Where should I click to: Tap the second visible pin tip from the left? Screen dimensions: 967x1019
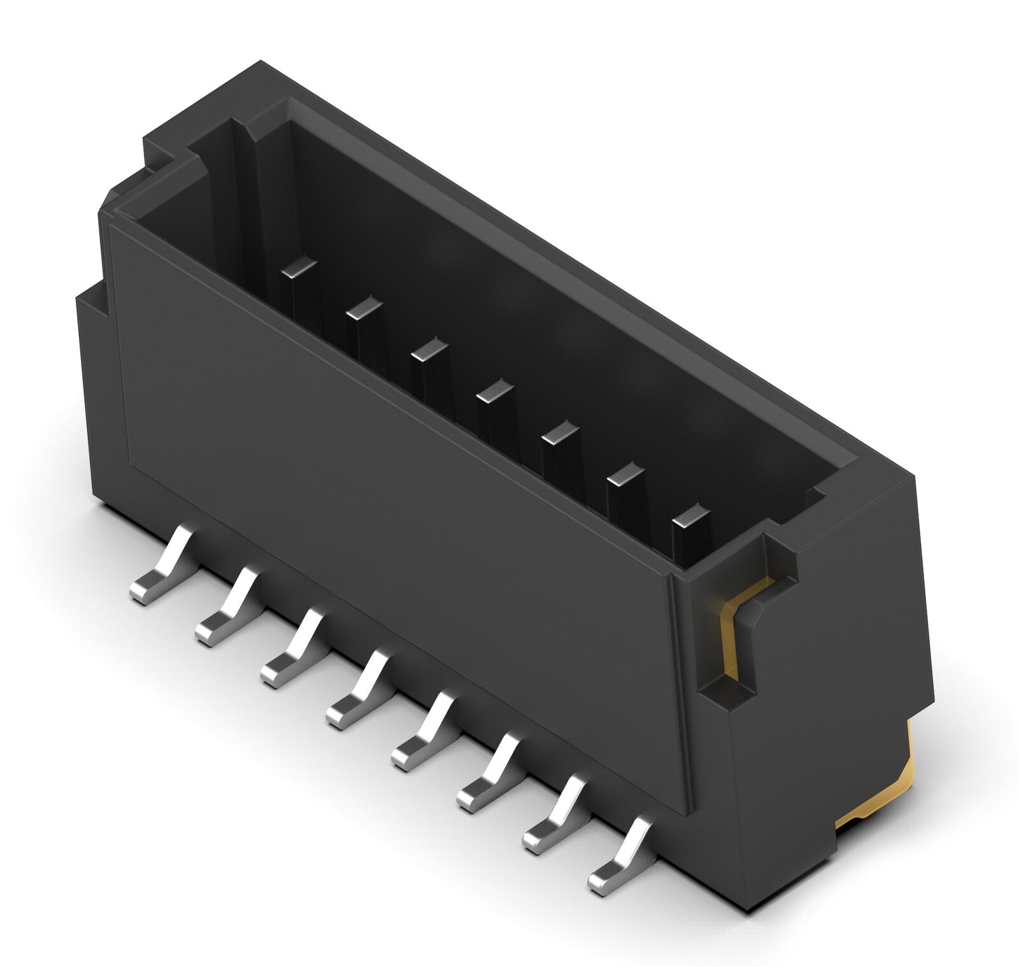click(364, 309)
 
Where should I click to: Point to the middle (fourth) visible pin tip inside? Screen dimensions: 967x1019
click(494, 391)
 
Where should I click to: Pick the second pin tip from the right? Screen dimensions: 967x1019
click(625, 474)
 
